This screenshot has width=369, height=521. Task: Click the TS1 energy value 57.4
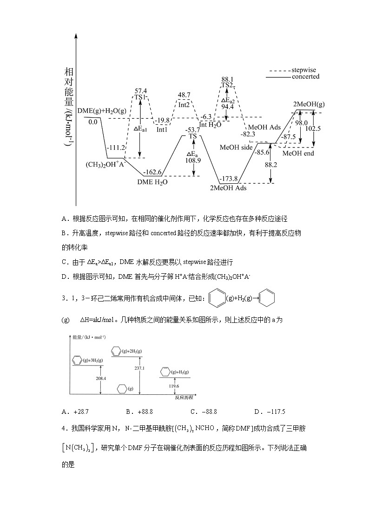pyautogui.click(x=141, y=91)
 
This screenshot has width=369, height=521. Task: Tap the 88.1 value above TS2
pyautogui.click(x=227, y=79)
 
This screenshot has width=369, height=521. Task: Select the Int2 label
pyautogui.click(x=184, y=105)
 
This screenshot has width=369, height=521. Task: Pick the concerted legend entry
pyautogui.click(x=305, y=77)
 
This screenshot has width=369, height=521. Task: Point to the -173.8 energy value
pyautogui.click(x=229, y=179)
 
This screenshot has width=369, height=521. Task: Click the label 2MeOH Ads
pyautogui.click(x=228, y=188)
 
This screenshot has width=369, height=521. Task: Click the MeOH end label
pyautogui.click(x=298, y=153)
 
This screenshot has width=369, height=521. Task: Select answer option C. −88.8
pyautogui.click(x=204, y=411)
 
